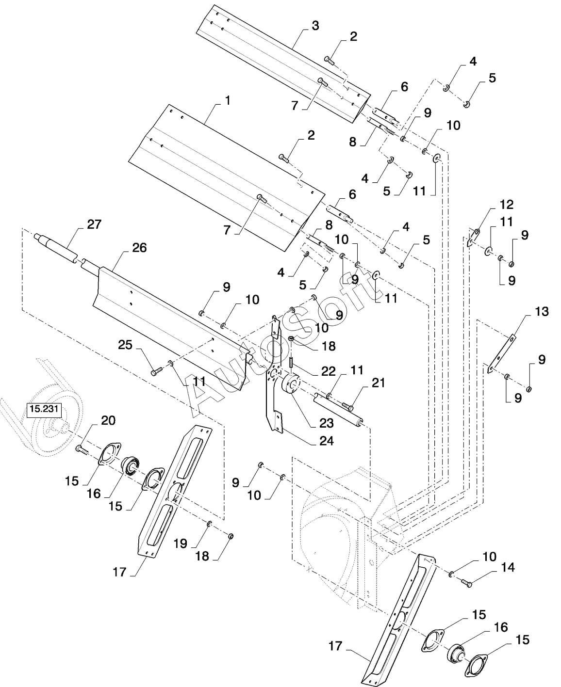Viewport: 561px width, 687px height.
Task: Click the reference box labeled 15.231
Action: (44, 409)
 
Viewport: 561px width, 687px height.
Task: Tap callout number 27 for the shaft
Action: (94, 224)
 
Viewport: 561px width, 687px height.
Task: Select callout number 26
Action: (139, 248)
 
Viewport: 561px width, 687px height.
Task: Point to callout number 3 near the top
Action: (315, 26)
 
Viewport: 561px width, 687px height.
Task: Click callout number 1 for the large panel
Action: (228, 101)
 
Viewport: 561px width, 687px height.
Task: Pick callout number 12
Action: (507, 205)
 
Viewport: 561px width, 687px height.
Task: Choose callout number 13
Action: (542, 312)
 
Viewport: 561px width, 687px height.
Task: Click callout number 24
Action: (327, 441)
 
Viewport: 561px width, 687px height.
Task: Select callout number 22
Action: (328, 371)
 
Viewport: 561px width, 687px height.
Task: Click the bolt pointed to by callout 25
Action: (157, 371)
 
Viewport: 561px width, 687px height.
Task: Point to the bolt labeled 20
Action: (82, 450)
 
